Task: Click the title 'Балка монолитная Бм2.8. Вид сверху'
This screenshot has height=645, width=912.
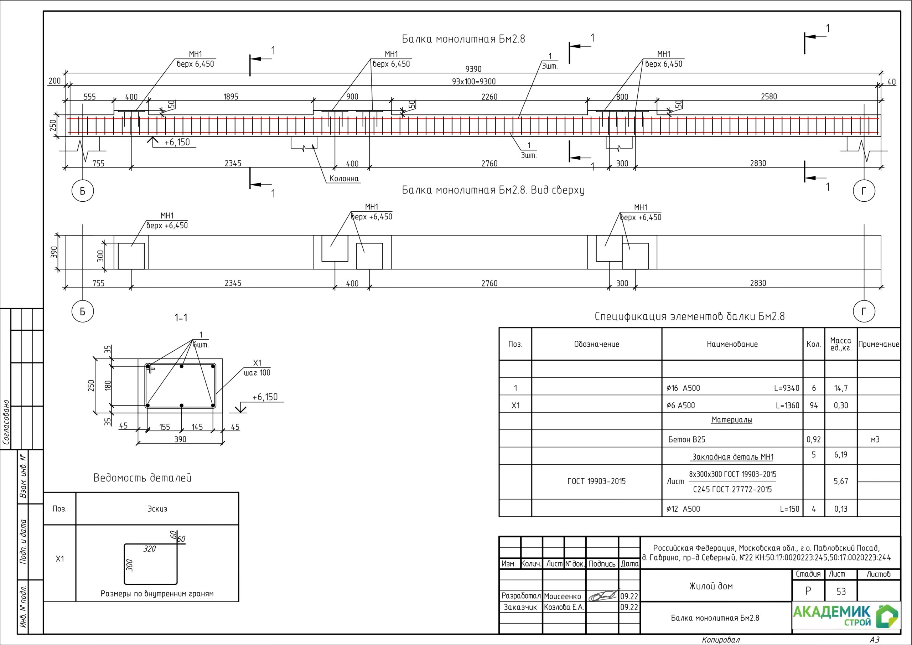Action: click(493, 190)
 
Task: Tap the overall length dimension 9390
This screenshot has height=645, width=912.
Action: click(473, 69)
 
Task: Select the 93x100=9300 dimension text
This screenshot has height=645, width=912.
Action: click(473, 82)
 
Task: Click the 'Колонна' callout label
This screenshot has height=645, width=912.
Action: click(344, 179)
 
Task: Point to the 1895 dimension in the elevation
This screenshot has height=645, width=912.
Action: click(231, 97)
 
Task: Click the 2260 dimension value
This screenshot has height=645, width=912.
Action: click(489, 97)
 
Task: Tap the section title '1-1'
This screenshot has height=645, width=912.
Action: click(181, 318)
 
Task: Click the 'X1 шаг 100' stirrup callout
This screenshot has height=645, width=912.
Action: click(257, 368)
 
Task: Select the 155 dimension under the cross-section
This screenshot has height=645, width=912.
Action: click(165, 427)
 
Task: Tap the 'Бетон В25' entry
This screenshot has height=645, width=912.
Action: click(687, 439)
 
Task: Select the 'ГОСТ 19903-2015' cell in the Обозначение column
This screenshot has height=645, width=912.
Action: click(596, 481)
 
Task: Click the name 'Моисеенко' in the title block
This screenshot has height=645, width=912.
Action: click(562, 597)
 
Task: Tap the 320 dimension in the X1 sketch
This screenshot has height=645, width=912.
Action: click(150, 549)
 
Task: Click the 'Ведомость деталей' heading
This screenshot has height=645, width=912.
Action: click(142, 478)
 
